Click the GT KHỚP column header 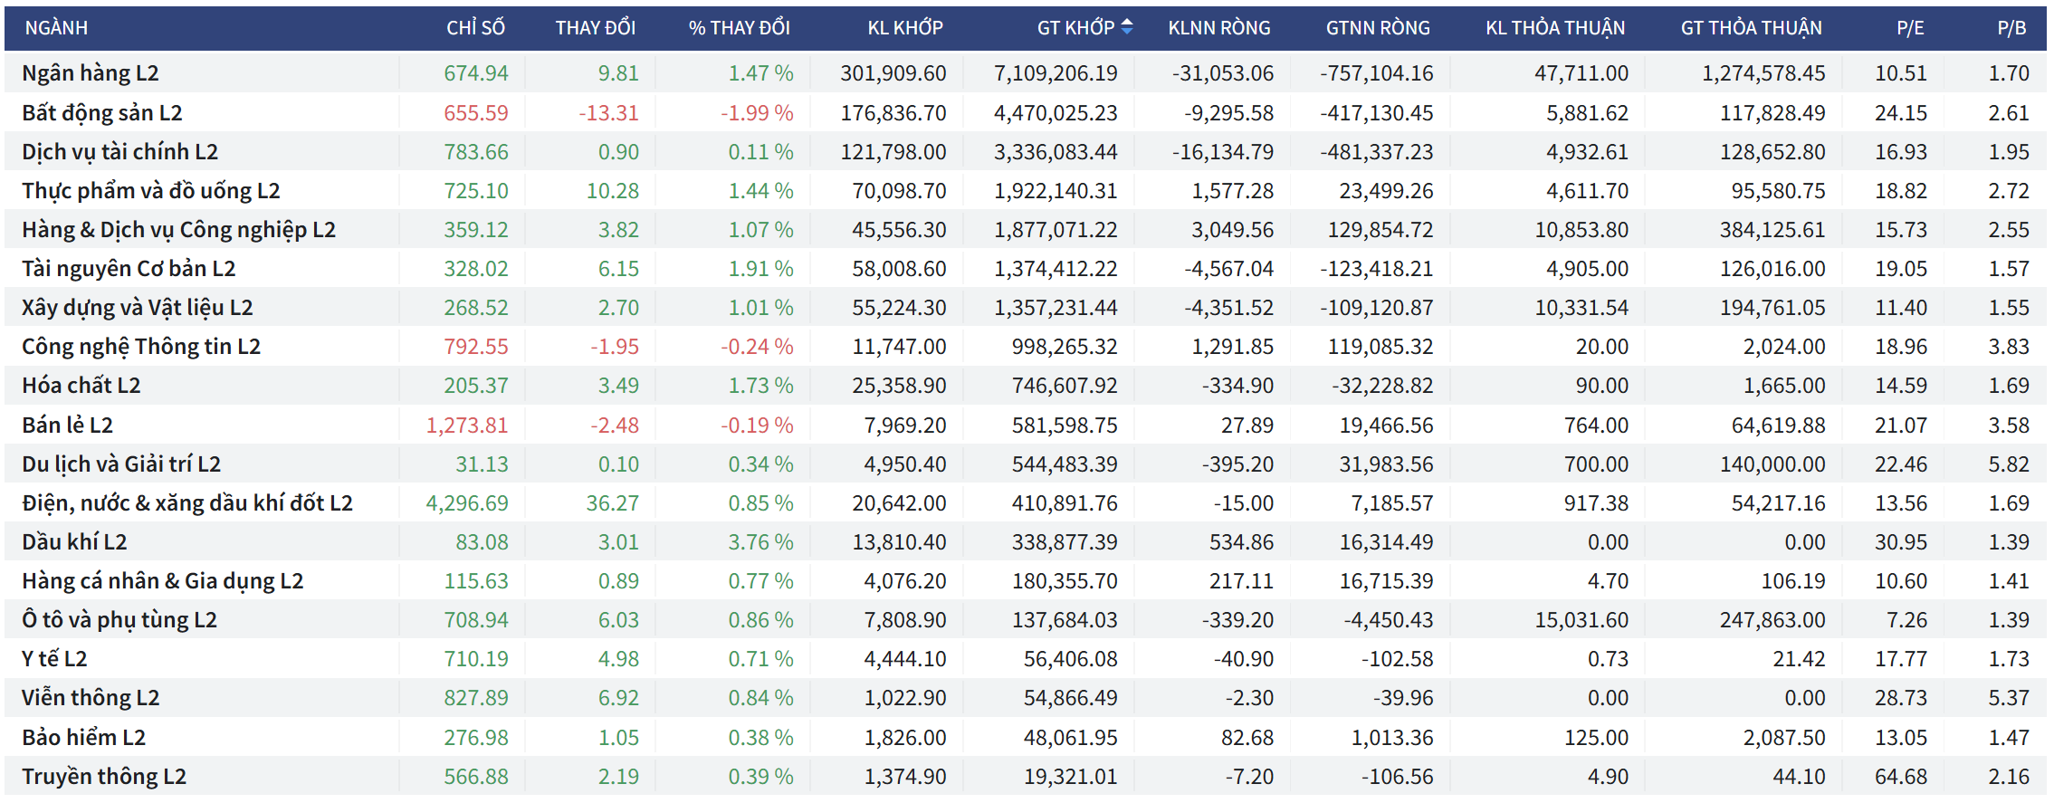coord(1075,28)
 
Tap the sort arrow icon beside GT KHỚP coord(1127,27)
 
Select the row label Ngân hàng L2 coord(91,73)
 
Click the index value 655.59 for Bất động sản coord(475,113)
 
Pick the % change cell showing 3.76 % coord(760,542)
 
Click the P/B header coord(2011,28)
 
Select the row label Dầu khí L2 coord(74,542)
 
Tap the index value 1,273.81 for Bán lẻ coord(467,425)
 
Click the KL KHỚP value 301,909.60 coord(893,73)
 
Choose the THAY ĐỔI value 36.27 coord(612,503)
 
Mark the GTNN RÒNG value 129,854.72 coord(1380,230)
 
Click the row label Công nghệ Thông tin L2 coord(141,347)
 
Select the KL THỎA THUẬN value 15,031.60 coord(1581,620)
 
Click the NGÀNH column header coord(56,28)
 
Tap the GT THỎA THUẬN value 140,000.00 coord(1772,464)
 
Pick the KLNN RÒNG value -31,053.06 coord(1222,73)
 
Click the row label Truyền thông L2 coord(104,777)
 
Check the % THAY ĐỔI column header coord(739,28)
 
